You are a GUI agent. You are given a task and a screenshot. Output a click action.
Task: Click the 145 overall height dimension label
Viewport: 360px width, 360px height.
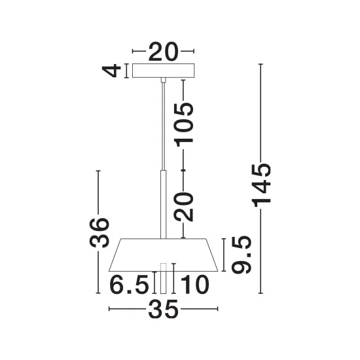coord(262,185)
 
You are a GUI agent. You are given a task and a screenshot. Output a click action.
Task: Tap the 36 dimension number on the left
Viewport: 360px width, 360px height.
coord(99,233)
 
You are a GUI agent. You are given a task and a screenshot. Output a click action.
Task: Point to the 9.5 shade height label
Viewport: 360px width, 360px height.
coord(242,255)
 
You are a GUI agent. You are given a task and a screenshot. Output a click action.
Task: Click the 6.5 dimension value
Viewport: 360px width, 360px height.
coord(129,284)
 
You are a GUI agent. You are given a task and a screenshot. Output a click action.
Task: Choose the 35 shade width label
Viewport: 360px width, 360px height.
coord(163,309)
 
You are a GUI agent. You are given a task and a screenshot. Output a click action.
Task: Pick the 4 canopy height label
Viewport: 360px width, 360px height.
coord(111,71)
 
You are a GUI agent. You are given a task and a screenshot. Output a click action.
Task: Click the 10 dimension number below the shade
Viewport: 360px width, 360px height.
coord(195,284)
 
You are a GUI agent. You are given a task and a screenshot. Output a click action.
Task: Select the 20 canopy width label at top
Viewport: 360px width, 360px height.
coord(163,52)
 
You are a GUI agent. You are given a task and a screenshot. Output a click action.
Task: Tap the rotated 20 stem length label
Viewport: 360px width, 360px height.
coord(184,206)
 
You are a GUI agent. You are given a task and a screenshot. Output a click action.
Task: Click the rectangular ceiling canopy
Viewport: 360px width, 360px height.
coord(164,71)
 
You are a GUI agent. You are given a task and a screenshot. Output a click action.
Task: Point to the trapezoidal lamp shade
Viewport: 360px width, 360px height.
coord(163,255)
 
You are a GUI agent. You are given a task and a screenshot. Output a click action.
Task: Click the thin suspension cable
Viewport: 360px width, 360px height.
coord(163,126)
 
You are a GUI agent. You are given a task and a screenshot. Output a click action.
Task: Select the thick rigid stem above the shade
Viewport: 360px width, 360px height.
coord(163,205)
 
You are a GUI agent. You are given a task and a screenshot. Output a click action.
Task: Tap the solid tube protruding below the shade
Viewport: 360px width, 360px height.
coord(163,282)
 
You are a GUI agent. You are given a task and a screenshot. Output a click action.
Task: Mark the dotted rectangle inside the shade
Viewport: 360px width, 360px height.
coord(163,267)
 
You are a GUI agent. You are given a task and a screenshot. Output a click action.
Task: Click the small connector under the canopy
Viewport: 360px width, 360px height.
coord(163,80)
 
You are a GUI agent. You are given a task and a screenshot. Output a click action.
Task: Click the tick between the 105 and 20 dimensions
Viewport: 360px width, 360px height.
coord(183,170)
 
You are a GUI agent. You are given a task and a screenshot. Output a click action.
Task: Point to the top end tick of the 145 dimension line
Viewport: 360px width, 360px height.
coord(261,64)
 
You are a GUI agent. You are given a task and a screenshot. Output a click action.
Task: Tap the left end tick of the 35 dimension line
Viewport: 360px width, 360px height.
coord(109,309)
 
